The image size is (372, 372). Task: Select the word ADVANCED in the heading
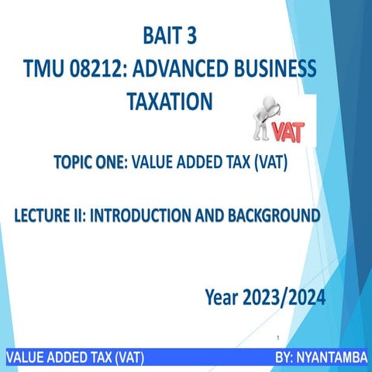click(191, 69)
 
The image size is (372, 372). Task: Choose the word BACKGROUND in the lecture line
click(276, 214)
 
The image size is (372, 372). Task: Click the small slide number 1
click(277, 339)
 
